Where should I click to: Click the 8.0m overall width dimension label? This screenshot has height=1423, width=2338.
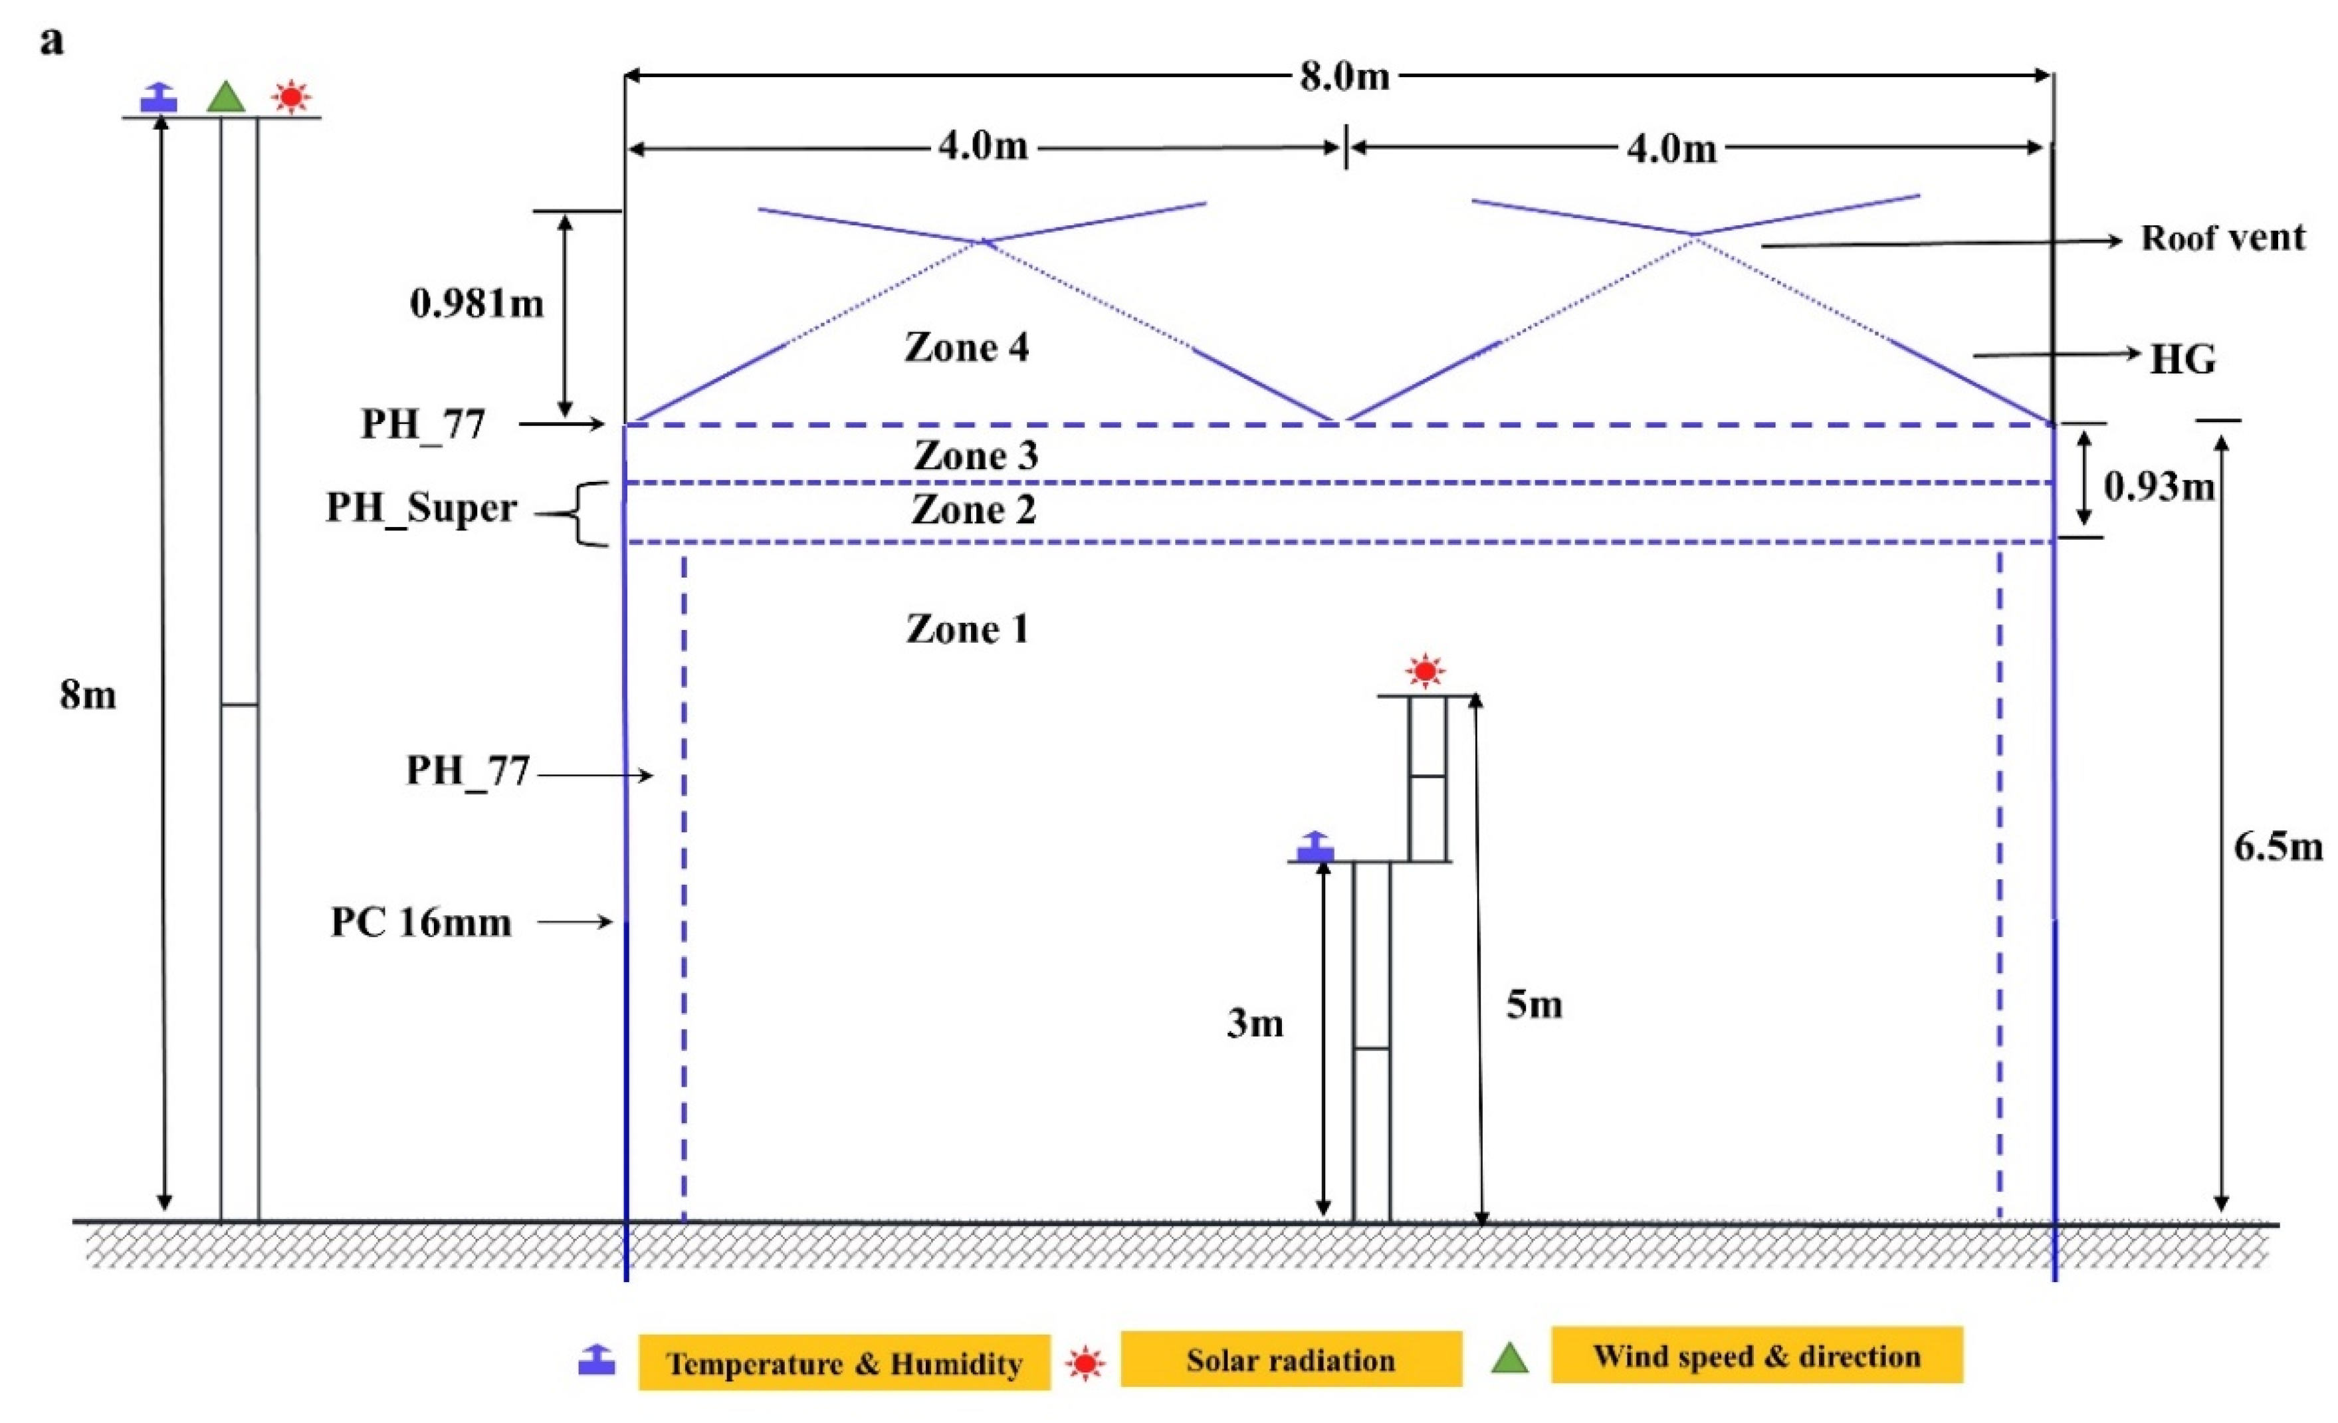coord(1344,76)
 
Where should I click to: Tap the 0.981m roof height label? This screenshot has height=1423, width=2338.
coord(477,304)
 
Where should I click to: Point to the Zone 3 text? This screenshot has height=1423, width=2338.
coord(976,457)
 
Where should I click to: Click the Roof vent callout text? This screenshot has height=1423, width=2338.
coord(2222,238)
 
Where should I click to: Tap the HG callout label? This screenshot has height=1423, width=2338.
coord(2182,360)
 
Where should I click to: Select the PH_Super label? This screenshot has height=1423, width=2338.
coord(421,508)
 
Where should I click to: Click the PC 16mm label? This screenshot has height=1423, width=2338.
coord(420,922)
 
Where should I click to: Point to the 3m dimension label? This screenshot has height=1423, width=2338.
coord(1254,1024)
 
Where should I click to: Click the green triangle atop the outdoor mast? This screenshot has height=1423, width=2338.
coord(226,98)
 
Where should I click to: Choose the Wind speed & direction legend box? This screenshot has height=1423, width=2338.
coord(1756,1356)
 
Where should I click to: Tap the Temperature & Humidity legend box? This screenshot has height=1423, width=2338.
coord(843,1363)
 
